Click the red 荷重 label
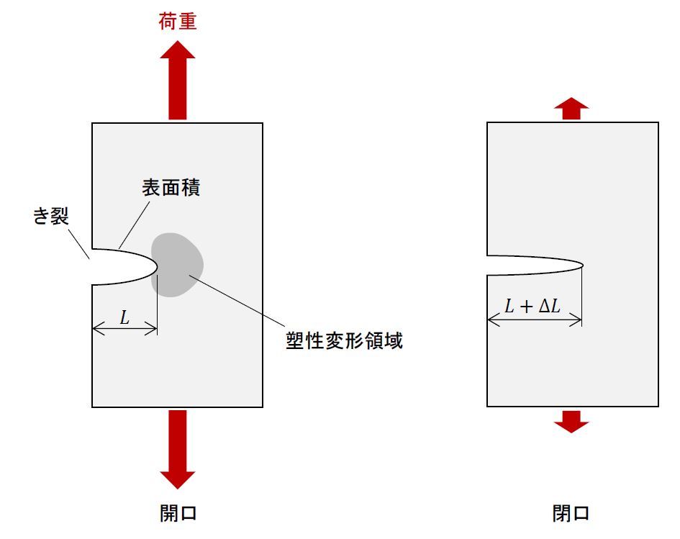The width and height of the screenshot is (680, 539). click(177, 22)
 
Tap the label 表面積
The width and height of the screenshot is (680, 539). click(170, 189)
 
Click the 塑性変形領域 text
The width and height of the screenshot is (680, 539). click(344, 340)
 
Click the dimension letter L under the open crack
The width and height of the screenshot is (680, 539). click(124, 317)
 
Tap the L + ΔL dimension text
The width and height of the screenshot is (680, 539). click(533, 306)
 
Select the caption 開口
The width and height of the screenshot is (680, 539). click(178, 513)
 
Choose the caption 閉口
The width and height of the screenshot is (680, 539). click(571, 513)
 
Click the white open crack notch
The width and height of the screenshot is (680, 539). click(122, 266)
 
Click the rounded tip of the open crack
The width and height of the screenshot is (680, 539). click(156, 266)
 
